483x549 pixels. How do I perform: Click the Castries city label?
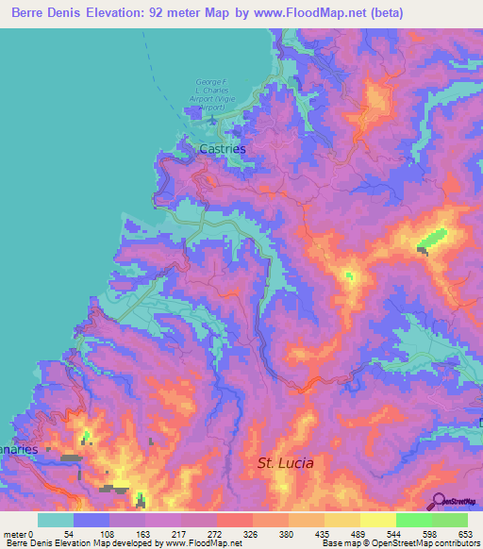click(x=223, y=149)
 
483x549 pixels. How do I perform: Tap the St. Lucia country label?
click(x=286, y=463)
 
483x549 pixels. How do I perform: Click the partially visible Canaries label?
click(x=19, y=449)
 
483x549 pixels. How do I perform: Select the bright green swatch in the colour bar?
click(x=414, y=520)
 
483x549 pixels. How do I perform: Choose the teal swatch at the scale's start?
click(x=56, y=520)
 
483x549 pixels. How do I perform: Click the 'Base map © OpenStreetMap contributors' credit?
click(x=398, y=543)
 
